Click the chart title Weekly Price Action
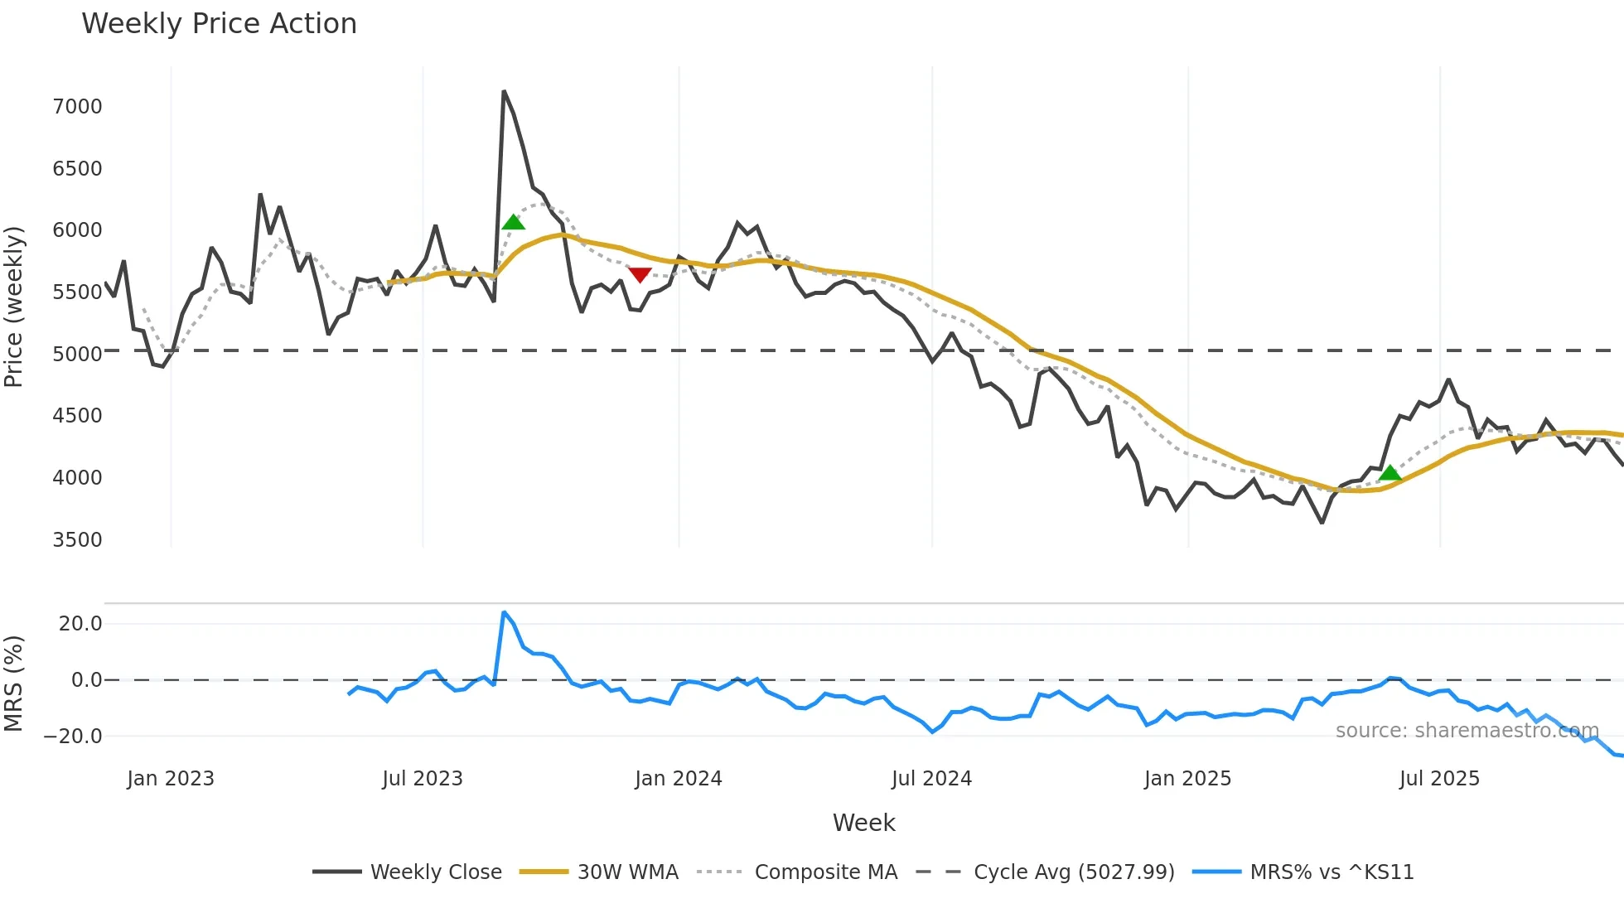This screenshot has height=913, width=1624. click(219, 24)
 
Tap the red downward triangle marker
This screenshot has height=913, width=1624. click(640, 275)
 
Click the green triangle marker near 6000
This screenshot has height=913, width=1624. click(514, 222)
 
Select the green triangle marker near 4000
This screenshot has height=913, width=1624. click(1390, 473)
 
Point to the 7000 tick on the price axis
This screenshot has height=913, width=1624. click(77, 107)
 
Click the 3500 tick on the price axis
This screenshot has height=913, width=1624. click(77, 540)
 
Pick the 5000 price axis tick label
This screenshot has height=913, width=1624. click(77, 355)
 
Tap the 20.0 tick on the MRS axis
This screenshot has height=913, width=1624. click(80, 624)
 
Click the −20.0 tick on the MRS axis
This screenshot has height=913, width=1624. click(73, 737)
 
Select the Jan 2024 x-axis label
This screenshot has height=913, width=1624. click(679, 779)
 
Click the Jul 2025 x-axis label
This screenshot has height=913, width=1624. click(1439, 779)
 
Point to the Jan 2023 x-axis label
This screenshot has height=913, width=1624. click(171, 779)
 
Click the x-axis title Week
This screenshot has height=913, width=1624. click(863, 823)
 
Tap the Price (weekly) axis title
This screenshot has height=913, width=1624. click(14, 307)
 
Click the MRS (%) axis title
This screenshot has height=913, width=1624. click(14, 684)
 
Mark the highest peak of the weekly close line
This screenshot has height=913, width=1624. click(504, 92)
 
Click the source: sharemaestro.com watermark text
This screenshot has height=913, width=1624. click(1467, 731)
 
